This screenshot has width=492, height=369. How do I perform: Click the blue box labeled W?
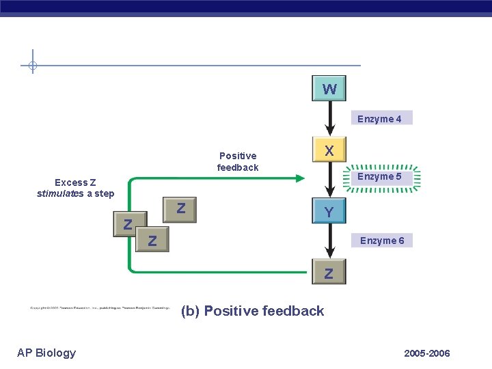click(x=329, y=89)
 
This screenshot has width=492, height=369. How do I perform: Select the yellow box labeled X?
click(x=329, y=150)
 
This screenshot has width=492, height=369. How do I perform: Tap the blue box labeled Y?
click(x=329, y=213)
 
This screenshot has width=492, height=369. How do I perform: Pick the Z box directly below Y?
click(x=329, y=273)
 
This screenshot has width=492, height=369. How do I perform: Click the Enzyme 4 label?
click(x=379, y=119)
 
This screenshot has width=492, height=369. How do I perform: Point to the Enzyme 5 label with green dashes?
click(x=381, y=177)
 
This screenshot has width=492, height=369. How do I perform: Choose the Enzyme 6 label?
click(x=381, y=241)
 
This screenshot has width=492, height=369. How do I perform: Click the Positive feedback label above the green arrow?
click(x=238, y=161)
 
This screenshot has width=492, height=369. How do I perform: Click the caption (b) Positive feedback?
click(x=252, y=311)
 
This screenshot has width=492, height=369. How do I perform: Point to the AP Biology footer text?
click(x=46, y=353)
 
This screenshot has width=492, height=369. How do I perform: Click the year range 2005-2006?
click(x=426, y=353)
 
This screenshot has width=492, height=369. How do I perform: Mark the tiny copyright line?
click(x=99, y=307)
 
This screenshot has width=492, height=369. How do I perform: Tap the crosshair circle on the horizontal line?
click(x=32, y=66)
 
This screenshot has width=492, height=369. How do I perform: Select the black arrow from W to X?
click(x=329, y=118)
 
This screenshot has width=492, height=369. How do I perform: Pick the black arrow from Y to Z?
click(x=329, y=243)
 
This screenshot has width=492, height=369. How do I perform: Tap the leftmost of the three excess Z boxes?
click(x=128, y=223)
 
